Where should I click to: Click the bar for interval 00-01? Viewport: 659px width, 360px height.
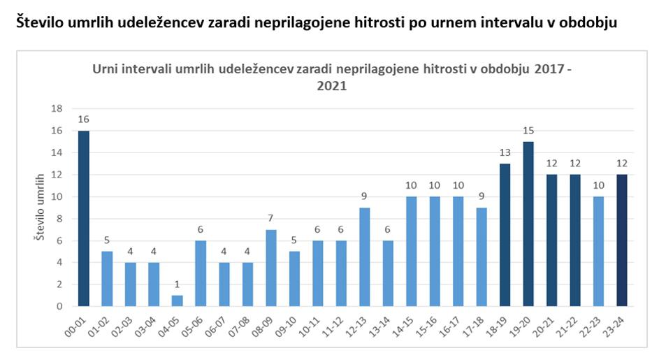[x=84, y=218]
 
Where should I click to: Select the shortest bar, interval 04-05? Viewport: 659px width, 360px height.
[x=178, y=301]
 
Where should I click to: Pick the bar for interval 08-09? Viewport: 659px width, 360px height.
[x=271, y=268]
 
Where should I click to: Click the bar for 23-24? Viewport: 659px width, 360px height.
[x=622, y=240]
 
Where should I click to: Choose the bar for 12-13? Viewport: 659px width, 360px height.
[x=365, y=257]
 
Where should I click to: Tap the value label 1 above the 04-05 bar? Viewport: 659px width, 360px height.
[x=178, y=285]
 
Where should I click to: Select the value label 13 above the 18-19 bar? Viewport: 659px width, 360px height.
[x=505, y=153]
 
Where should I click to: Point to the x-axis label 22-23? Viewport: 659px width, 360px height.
[x=594, y=324]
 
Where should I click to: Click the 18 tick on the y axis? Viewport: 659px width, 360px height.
[x=57, y=108]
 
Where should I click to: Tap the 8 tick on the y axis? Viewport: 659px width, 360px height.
[x=59, y=218]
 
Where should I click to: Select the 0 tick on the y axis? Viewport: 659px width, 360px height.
[x=59, y=306]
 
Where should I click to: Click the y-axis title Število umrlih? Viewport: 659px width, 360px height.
[x=41, y=208]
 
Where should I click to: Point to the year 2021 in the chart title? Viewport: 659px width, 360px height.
[x=331, y=87]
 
